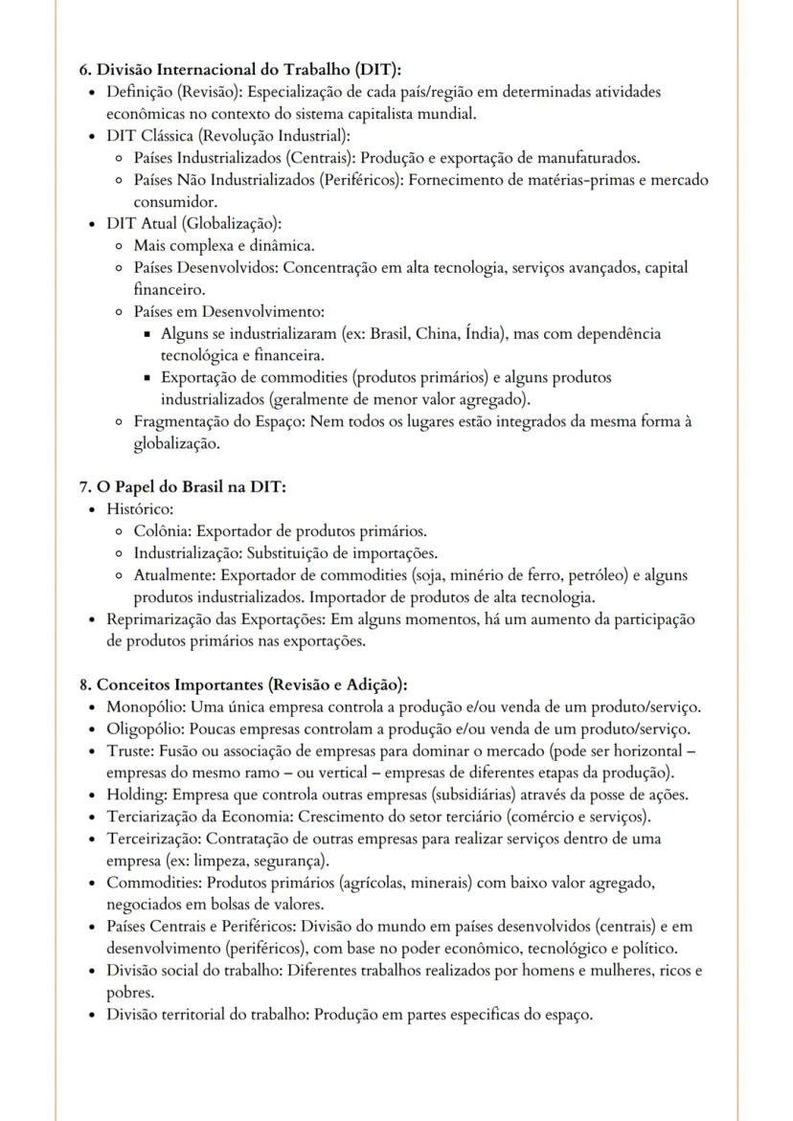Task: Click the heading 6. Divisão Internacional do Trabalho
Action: [x=239, y=69]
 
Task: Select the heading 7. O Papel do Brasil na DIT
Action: [x=182, y=487]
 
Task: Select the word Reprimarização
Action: [x=164, y=619]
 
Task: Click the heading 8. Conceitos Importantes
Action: [x=243, y=684]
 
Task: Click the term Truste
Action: [x=128, y=751]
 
